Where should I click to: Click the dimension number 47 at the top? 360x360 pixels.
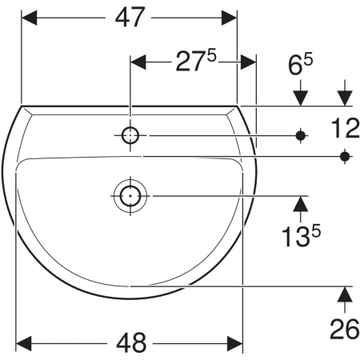point(130,18)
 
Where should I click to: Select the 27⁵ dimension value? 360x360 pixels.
point(196,62)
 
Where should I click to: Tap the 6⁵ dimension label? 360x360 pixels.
point(301,64)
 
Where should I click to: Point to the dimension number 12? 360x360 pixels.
point(346,129)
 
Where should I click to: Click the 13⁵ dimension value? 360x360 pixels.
point(301,236)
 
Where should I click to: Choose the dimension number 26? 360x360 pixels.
point(345,329)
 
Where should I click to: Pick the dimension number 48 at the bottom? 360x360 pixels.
point(131,343)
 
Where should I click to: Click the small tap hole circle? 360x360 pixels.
point(130,135)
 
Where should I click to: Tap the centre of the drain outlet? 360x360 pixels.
point(130,196)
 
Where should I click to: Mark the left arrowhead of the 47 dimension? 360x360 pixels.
point(29,18)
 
